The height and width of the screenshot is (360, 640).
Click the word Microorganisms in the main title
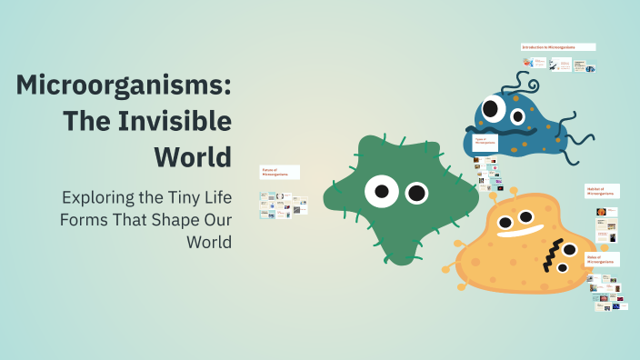click(x=123, y=87)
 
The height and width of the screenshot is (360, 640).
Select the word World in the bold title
click(x=192, y=155)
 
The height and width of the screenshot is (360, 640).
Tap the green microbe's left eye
click(x=382, y=191)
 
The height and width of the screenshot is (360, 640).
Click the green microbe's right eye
click(x=416, y=193)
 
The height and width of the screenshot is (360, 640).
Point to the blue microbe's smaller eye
click(x=518, y=116)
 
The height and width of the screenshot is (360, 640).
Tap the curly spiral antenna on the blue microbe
click(x=526, y=85)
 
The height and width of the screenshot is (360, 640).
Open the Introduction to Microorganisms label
click(x=558, y=46)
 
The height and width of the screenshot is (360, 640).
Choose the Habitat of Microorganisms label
click(x=602, y=191)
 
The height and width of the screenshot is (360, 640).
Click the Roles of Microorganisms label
click(x=602, y=260)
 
